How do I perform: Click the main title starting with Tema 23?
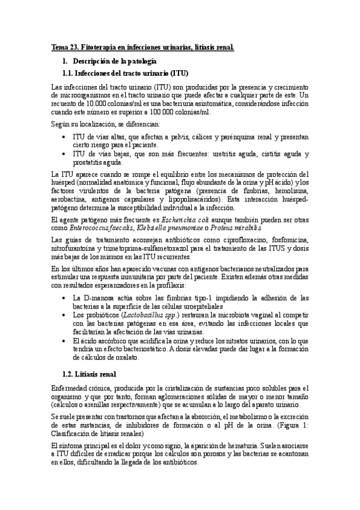[x=142, y=46]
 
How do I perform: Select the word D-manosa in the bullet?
[x=93, y=297]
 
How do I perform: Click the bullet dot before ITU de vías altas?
[x=64, y=137]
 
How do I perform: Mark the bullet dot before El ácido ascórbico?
[x=64, y=340]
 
